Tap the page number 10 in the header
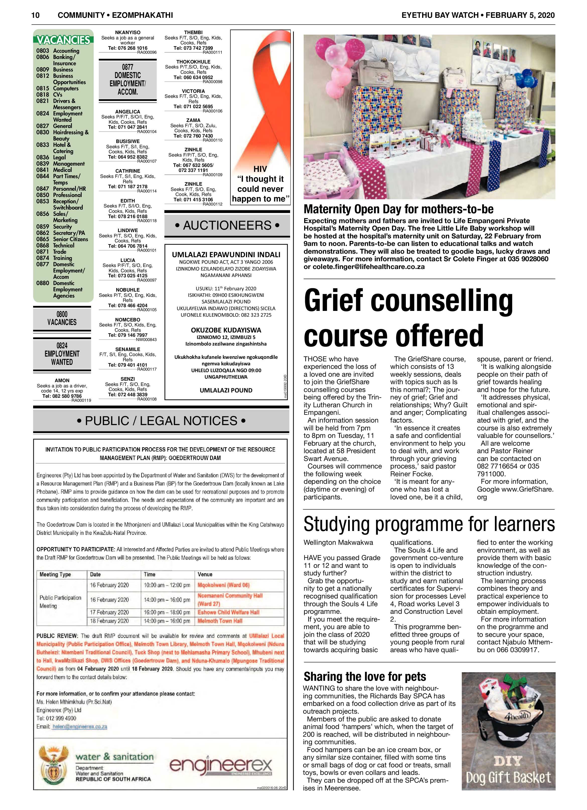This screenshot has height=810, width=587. tap(35, 15)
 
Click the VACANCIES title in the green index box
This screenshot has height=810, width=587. tap(63, 40)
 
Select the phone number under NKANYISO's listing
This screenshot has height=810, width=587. tap(127, 48)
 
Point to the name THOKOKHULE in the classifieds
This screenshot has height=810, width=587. tap(193, 62)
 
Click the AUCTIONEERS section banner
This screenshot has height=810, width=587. tap(227, 225)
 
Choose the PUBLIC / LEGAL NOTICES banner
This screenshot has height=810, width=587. tap(161, 421)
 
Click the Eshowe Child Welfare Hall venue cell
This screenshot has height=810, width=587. tap(229, 612)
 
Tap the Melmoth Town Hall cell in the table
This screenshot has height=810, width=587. tap(220, 621)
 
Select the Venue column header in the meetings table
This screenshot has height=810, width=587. tap(205, 574)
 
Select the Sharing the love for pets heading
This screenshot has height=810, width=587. tap(365, 677)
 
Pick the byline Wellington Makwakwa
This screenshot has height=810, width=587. tap(338, 543)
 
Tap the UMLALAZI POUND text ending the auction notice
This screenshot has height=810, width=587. tap(226, 390)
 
